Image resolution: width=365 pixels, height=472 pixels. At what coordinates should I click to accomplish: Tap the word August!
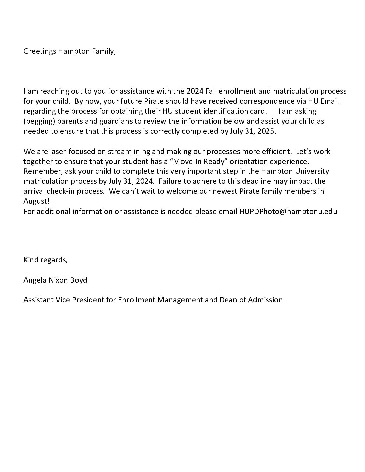point(36,202)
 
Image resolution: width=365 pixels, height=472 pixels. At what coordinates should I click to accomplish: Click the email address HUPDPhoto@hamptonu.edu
point(288,212)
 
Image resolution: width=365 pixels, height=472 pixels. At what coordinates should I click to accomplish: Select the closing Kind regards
point(45,260)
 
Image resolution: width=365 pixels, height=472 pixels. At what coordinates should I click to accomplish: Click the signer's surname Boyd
point(79,280)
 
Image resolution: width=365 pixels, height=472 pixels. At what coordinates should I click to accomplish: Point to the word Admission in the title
point(265,300)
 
